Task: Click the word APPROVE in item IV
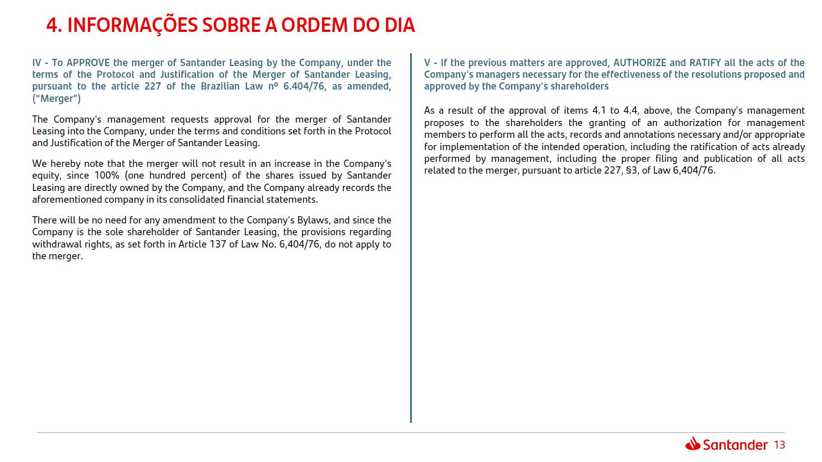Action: pos(88,63)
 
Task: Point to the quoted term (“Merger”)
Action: pos(57,99)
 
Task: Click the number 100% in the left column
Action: pos(106,176)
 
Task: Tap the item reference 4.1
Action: pos(598,111)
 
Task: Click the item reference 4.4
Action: pos(630,111)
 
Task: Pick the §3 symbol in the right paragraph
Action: pos(631,170)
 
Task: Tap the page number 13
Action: pos(779,445)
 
